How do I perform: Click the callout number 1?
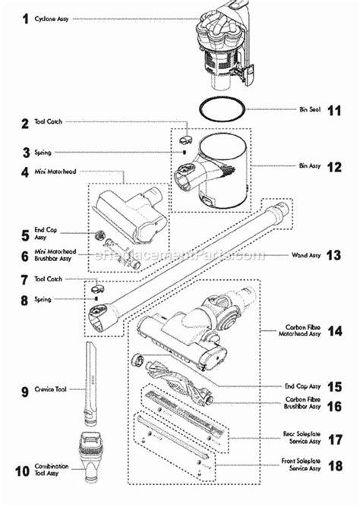pyautogui.click(x=24, y=17)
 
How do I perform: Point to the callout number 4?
pyautogui.click(x=24, y=172)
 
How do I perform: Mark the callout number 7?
pyautogui.click(x=24, y=280)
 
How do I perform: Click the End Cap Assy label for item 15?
pyautogui.click(x=298, y=386)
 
